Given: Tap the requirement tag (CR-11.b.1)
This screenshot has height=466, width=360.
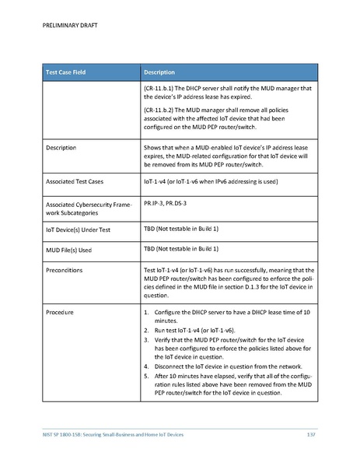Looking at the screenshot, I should (161, 88).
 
